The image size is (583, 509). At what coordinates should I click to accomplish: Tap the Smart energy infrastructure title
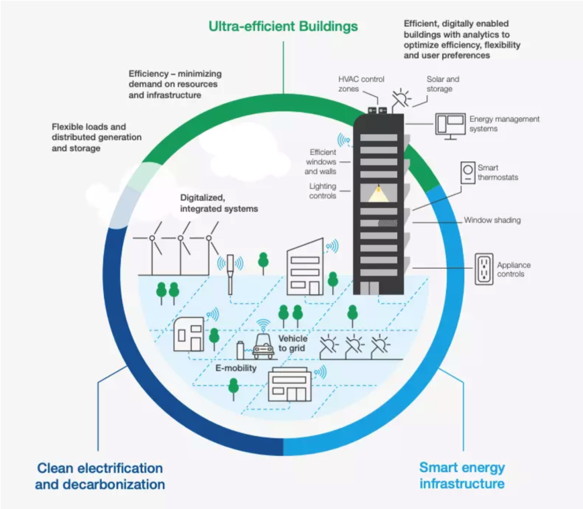click(462, 475)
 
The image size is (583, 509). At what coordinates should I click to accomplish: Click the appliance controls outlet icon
click(484, 270)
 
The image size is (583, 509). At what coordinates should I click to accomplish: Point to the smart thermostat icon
click(467, 173)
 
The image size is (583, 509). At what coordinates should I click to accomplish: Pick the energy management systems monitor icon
click(450, 125)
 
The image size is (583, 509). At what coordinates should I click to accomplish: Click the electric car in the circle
click(262, 347)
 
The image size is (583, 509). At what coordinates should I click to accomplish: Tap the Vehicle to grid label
click(293, 343)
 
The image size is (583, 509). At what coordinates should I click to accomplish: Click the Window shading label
click(492, 220)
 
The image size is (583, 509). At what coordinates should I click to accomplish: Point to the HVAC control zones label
click(361, 84)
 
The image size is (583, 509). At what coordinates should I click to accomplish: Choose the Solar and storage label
click(443, 84)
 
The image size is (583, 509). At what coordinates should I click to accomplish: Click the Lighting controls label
click(323, 191)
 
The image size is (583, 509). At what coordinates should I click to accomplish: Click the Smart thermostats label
click(498, 172)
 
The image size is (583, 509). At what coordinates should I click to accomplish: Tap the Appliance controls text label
click(513, 270)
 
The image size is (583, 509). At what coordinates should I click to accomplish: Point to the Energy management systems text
click(504, 124)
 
